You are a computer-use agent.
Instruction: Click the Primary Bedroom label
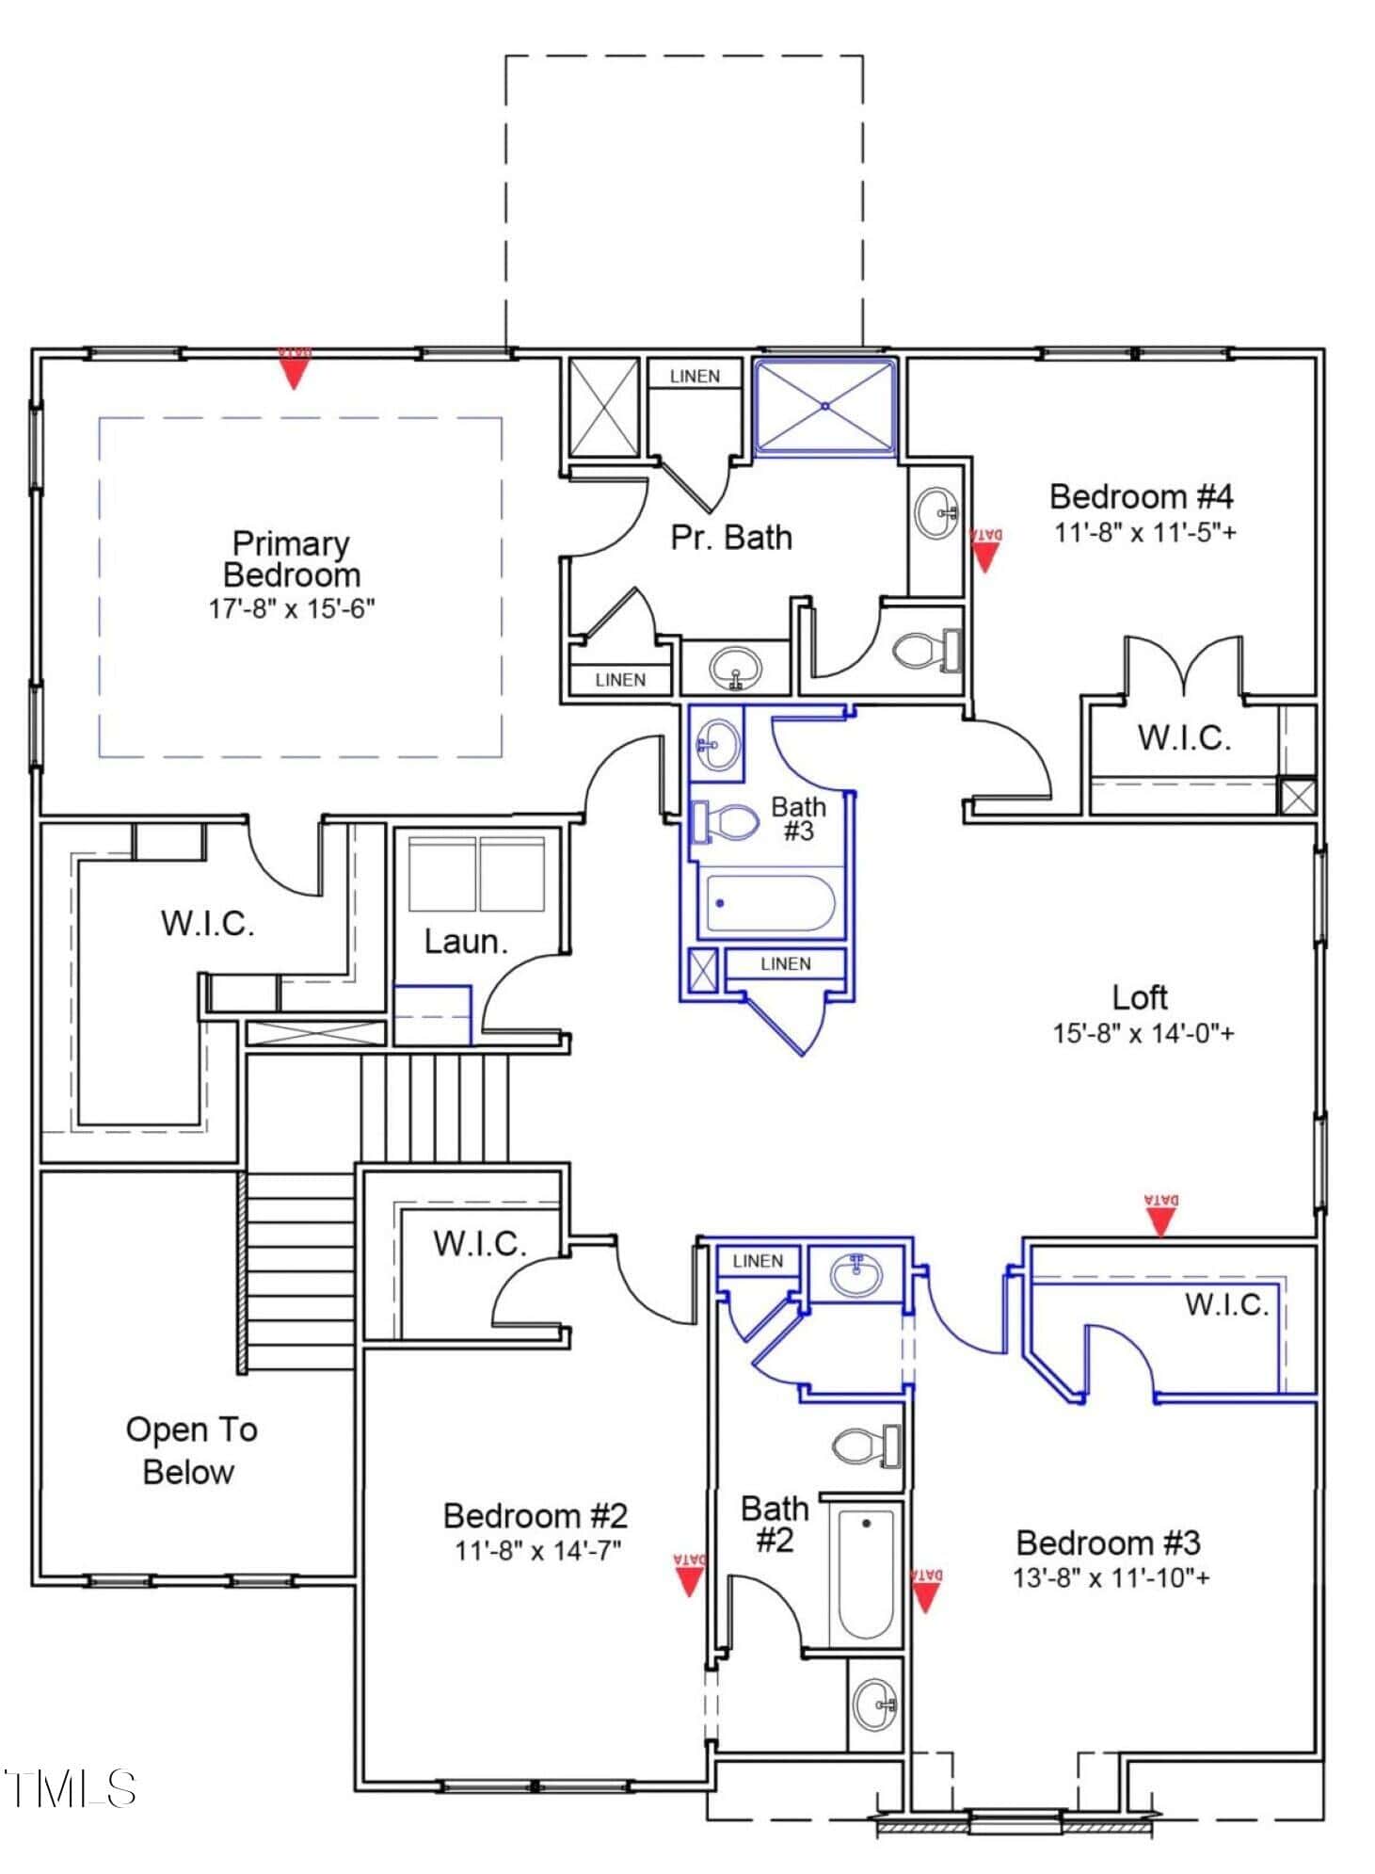pos(292,558)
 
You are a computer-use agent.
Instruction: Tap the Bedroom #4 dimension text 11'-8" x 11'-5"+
pos(1145,532)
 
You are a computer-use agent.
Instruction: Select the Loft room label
pos(1140,996)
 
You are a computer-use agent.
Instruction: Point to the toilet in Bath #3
pos(725,822)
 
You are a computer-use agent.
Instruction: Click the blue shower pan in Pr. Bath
pos(825,406)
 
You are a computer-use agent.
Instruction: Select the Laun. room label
pos(466,941)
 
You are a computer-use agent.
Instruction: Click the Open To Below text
pos(191,1450)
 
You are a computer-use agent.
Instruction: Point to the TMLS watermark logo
pos(70,1788)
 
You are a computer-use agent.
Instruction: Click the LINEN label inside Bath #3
pos(786,963)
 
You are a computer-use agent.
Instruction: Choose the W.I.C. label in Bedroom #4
pos(1184,737)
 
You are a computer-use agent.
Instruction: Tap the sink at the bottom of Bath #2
pos(874,1703)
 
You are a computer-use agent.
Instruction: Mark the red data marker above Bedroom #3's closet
pos(1162,1215)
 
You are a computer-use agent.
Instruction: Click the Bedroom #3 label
pos(1109,1543)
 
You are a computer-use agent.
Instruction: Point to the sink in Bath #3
pos(718,743)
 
